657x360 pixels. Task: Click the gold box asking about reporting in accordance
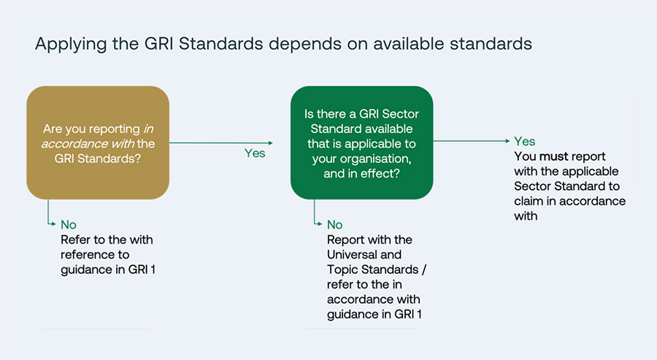pos(98,142)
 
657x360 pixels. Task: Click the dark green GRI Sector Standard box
pos(361,142)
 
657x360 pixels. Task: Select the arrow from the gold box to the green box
pos(219,143)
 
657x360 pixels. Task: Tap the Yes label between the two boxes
pos(254,153)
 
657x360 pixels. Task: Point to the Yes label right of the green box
pos(524,142)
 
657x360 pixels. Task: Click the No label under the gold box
pos(68,225)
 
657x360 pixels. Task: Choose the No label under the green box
pos(335,225)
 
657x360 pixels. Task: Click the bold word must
pos(553,156)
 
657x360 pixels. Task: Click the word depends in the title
pos(299,44)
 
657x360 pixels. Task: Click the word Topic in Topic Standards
pos(342,269)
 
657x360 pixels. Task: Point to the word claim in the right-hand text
pos(531,201)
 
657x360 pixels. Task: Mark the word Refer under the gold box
pos(76,240)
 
